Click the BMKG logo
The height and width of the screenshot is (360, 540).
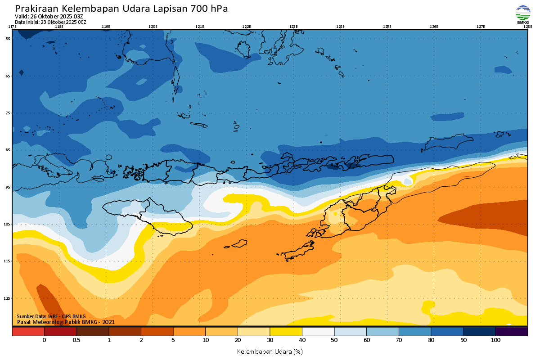pos(522,14)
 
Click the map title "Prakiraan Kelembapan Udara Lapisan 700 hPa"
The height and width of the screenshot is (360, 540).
pos(121,9)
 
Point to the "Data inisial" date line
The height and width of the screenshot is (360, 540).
pos(50,22)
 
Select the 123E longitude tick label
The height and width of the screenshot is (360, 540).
pos(293,27)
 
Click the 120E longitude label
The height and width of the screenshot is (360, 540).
pos(153,27)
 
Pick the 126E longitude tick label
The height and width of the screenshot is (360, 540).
pos(434,27)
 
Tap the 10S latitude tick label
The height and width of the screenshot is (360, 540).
pos(8,224)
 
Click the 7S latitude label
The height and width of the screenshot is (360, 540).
pos(8,113)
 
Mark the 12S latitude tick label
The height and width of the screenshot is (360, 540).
pos(8,298)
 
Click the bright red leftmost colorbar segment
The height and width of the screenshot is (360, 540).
pos(28,332)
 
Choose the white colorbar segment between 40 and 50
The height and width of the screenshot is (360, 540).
pos(318,332)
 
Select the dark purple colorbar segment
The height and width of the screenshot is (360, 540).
pos(511,332)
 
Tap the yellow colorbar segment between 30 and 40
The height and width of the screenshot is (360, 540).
pos(286,332)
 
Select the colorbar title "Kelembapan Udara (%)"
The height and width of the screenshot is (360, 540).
pos(270,351)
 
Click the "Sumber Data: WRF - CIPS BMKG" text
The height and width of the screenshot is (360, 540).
pos(51,317)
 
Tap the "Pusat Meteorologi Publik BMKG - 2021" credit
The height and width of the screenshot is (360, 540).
pos(66,322)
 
